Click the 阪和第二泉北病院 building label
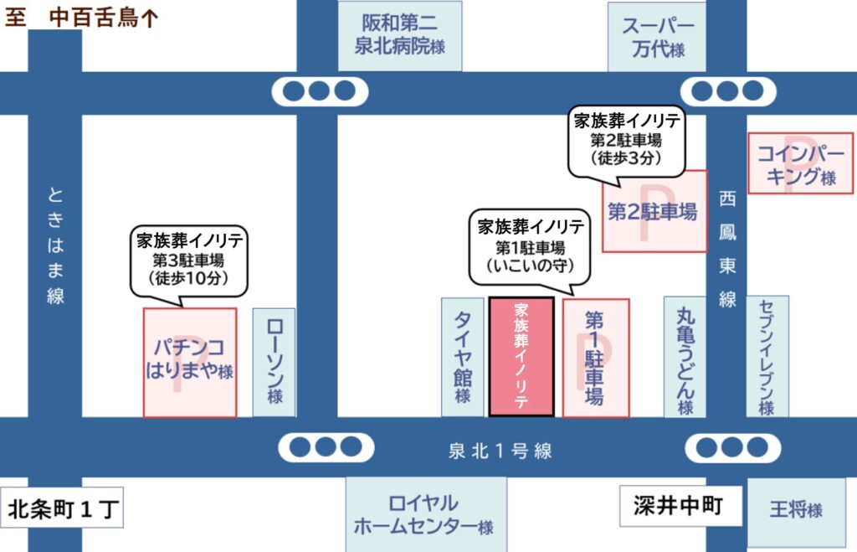(399, 35)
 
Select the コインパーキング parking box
(799, 163)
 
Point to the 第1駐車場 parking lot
(595, 357)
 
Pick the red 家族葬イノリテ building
(521, 357)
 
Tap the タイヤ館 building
(462, 357)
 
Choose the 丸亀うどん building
(685, 357)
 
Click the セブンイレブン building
(767, 357)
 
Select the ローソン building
(274, 362)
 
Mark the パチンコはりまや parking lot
(189, 362)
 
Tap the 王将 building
(795, 508)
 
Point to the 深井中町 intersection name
(677, 506)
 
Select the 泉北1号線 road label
(499, 451)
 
